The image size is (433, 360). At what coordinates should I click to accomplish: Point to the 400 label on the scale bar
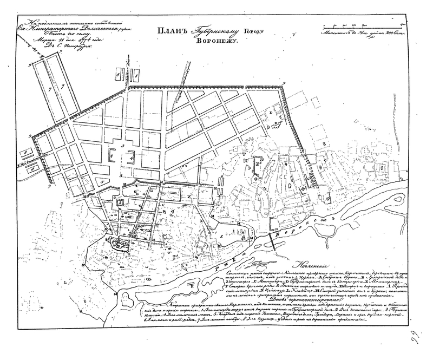pos(403,24)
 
